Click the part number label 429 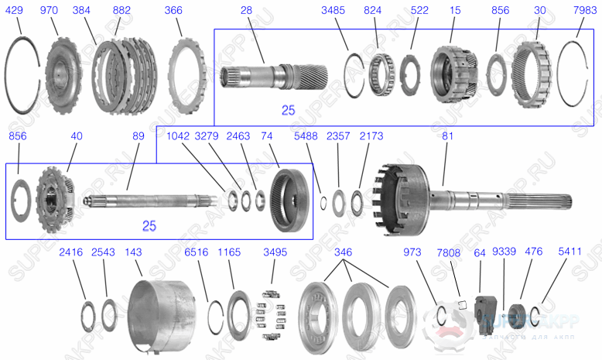[16, 12]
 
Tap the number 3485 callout [335, 12]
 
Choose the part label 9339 [505, 252]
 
